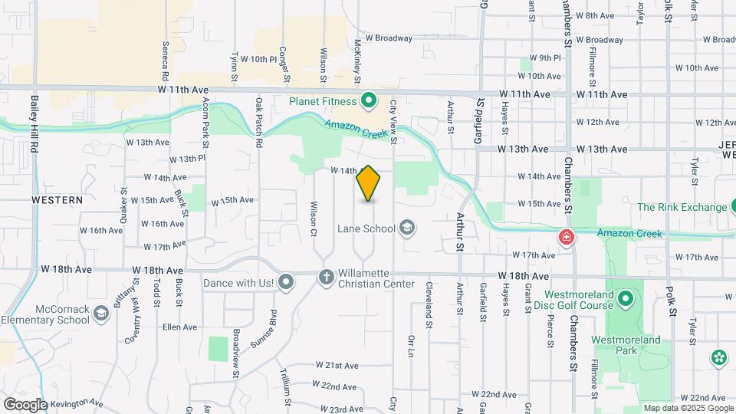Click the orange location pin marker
369,183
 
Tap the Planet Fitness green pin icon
368,100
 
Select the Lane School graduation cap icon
407,228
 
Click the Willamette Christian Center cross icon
326,277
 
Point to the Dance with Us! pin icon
286,283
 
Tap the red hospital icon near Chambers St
567,238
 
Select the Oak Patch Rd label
259,122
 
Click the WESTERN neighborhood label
57,199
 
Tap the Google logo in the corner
25,404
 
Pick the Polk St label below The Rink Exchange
672,301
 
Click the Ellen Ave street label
180,327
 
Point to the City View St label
393,121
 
